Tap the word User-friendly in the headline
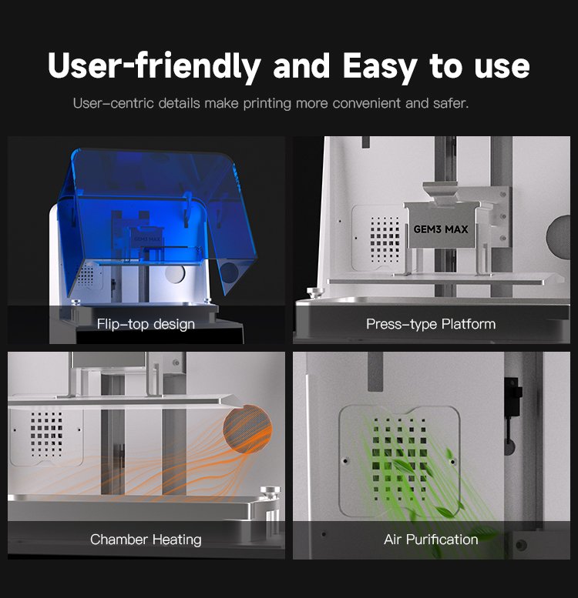click(x=154, y=66)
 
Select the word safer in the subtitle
click(x=451, y=103)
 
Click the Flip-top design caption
click(x=146, y=324)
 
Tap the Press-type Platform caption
click(x=431, y=324)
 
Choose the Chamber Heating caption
click(x=146, y=540)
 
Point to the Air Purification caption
click(x=431, y=540)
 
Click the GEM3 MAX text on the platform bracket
click(x=441, y=229)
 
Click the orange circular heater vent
click(x=247, y=429)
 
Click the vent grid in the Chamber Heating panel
click(x=46, y=434)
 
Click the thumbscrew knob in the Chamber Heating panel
click(x=270, y=492)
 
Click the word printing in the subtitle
click(x=267, y=103)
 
